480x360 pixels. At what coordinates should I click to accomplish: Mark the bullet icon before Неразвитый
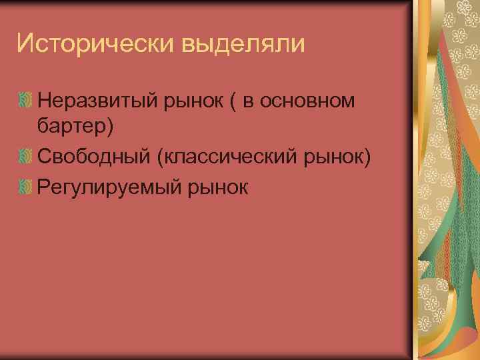(x=25, y=101)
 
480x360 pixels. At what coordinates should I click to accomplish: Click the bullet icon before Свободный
(x=25, y=157)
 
